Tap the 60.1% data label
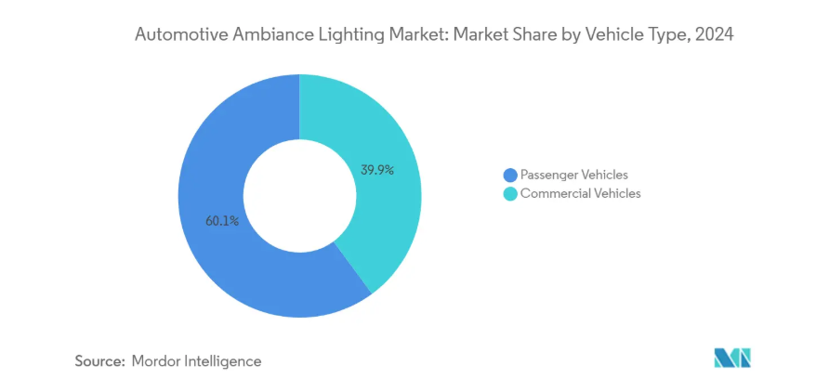coord(222,221)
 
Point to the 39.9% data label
coord(377,170)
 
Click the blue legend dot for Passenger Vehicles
coord(509,176)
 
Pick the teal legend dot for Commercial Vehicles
coord(509,194)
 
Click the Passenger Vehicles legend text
coord(573,175)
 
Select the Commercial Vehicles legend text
coord(580,194)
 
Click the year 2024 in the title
coord(713,36)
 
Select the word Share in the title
coord(536,36)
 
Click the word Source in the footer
coord(99,361)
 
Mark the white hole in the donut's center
coord(299,196)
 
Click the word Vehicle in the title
coord(612,36)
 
